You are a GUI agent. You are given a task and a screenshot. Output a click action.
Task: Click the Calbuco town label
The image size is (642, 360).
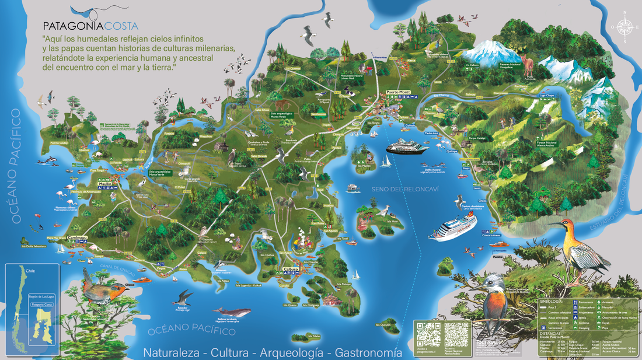(x=290, y=269)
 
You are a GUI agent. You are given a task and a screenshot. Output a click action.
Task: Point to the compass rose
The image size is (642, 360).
(x=624, y=26)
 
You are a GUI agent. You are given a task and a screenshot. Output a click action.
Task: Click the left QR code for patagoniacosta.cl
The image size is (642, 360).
(x=427, y=334)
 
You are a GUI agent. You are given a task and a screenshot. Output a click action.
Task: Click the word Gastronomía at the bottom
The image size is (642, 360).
(x=368, y=352)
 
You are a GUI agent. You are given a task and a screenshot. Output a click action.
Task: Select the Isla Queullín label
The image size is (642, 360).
(x=385, y=325)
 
